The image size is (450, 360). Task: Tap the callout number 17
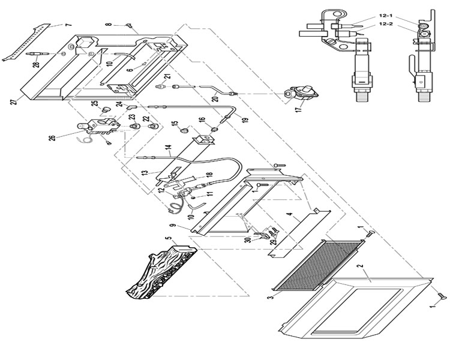point(299,110)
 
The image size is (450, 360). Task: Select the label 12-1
point(385,16)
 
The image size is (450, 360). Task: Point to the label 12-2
point(385,24)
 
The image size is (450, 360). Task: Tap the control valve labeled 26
point(98,127)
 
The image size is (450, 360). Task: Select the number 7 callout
point(68,25)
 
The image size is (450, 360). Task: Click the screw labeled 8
point(129,26)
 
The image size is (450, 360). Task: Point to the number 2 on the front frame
point(362,266)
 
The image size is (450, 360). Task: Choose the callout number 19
point(245,120)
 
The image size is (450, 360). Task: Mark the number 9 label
point(172,226)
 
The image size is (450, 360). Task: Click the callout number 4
point(290,214)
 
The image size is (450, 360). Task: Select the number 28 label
point(36,65)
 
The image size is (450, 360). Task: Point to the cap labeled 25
point(106,109)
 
